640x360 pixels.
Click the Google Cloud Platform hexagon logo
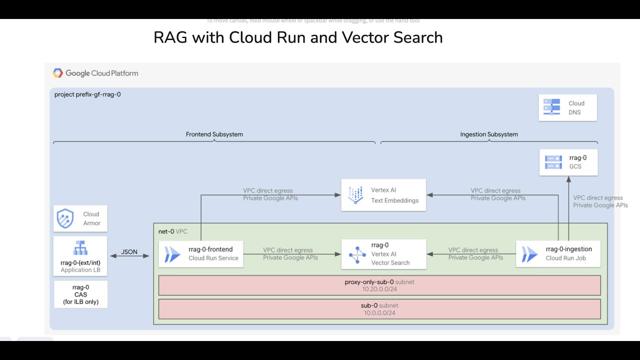(x=58, y=73)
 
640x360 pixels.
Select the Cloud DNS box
(x=567, y=108)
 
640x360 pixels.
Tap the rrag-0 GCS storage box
(x=568, y=162)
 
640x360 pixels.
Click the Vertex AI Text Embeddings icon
(x=355, y=195)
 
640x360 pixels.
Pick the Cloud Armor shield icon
(x=65, y=219)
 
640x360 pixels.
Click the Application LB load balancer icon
(x=80, y=248)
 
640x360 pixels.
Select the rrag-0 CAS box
(x=80, y=294)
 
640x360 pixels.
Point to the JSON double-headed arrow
(x=129, y=256)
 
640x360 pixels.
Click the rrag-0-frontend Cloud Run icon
(x=172, y=253)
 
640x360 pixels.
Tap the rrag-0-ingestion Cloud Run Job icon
(x=529, y=253)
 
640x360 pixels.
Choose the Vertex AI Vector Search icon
(x=357, y=254)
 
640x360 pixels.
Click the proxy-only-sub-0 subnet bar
(x=379, y=285)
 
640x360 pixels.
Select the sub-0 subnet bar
(x=379, y=309)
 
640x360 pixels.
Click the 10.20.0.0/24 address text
(x=379, y=289)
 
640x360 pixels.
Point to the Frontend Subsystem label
(x=214, y=134)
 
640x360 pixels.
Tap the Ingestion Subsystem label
(x=488, y=134)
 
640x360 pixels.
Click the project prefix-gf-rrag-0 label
(x=87, y=94)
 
